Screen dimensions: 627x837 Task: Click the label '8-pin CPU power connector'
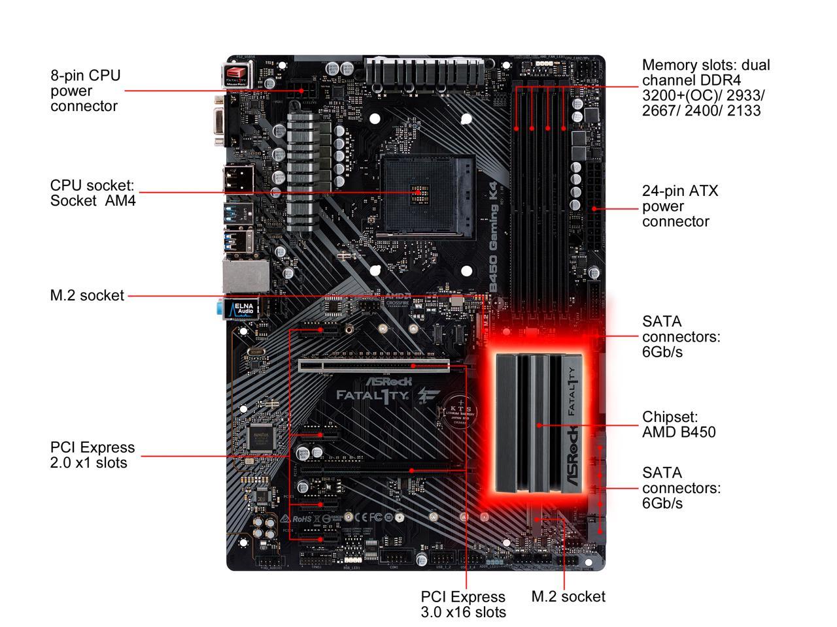(x=85, y=91)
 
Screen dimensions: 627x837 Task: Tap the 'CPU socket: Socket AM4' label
(x=92, y=193)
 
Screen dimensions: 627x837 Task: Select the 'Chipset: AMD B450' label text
(x=678, y=425)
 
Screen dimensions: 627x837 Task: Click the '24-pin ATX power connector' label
(x=679, y=206)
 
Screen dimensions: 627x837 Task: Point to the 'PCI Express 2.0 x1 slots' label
(x=92, y=455)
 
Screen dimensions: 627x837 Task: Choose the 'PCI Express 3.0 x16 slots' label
(x=463, y=604)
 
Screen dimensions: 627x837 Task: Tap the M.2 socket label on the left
(x=87, y=296)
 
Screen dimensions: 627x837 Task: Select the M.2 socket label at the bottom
(x=568, y=596)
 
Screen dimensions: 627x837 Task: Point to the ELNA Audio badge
(x=241, y=309)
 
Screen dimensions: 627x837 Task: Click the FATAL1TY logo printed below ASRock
(x=373, y=395)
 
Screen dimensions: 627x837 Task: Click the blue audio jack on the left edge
(x=218, y=307)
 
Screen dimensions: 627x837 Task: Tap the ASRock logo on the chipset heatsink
(x=572, y=457)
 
